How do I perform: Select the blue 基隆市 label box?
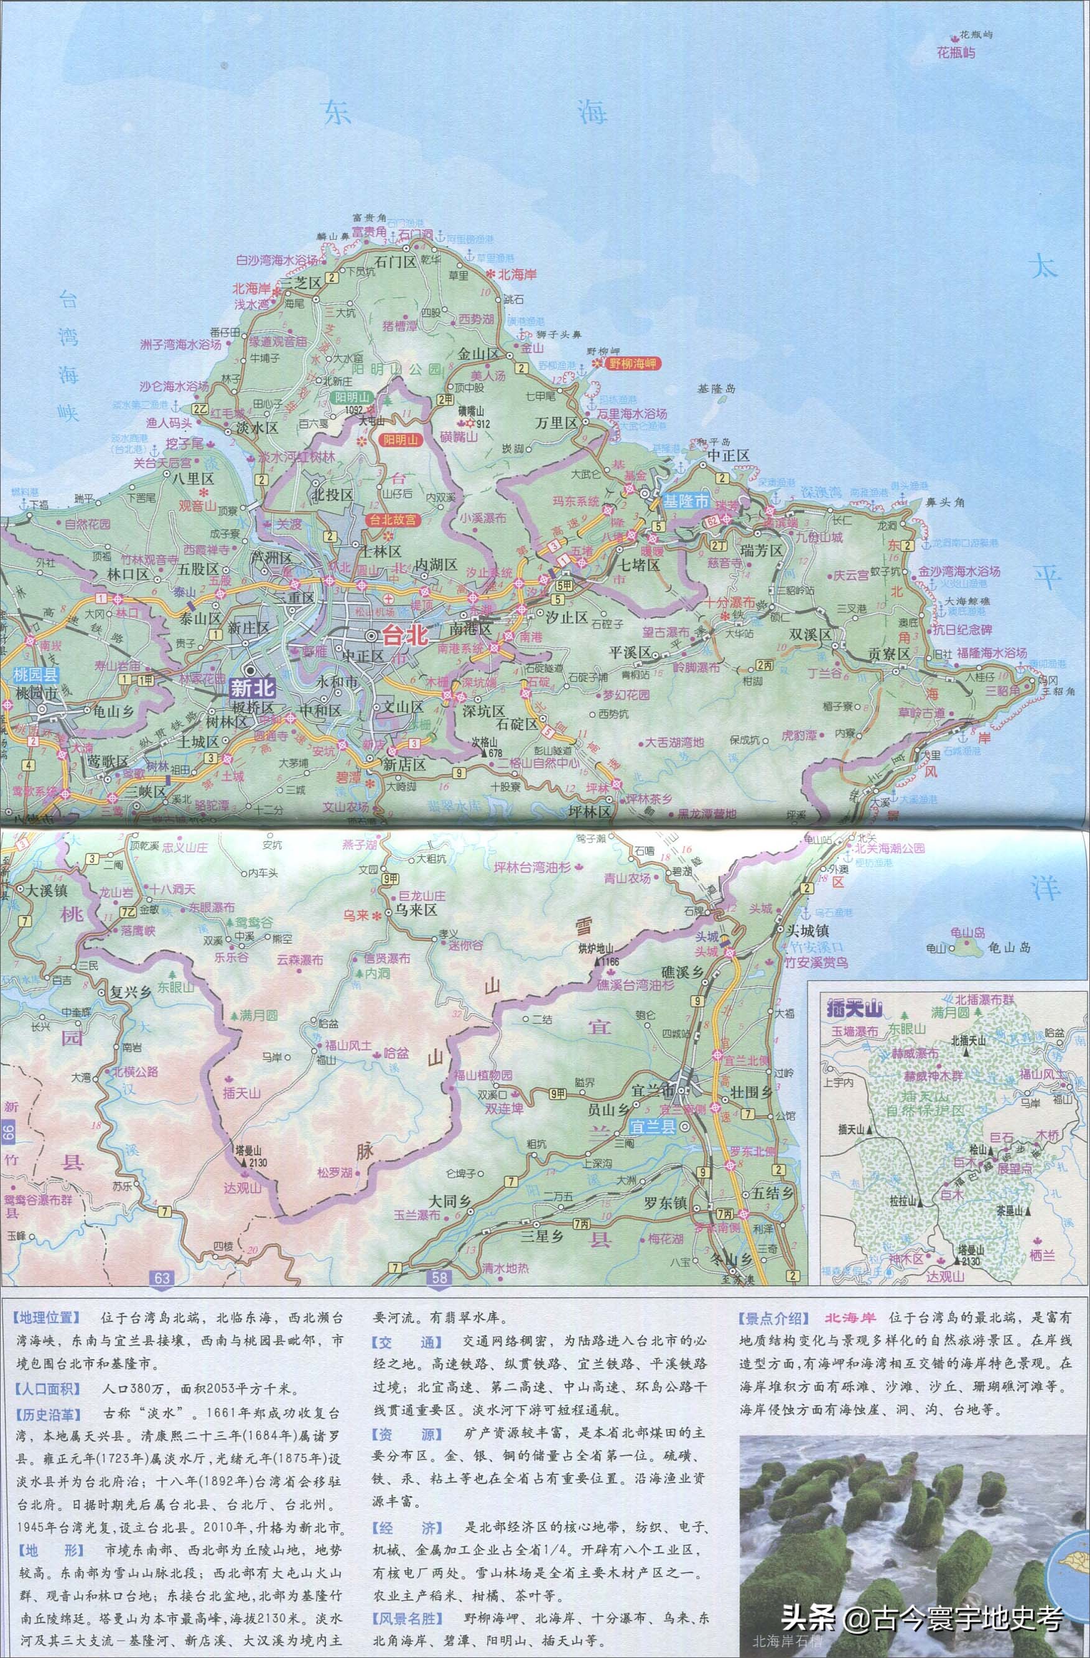tap(686, 500)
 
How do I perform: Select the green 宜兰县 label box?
tap(653, 1126)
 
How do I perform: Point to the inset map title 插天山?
tap(855, 1008)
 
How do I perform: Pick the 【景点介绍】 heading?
tap(774, 1318)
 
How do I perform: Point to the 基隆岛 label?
tap(715, 389)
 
